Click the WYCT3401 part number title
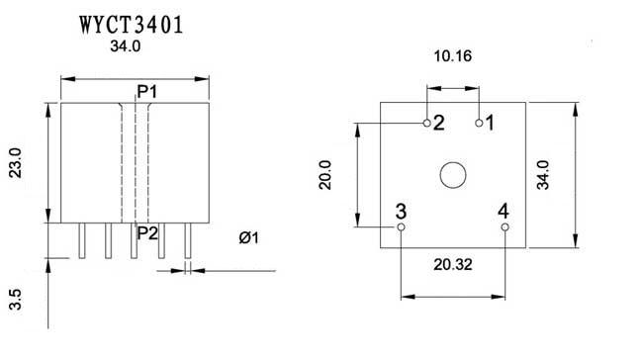[x=132, y=25]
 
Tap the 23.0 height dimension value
[x=16, y=163]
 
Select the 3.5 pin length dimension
[x=16, y=300]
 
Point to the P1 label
[x=147, y=92]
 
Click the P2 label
[x=147, y=233]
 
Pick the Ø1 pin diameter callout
[x=249, y=237]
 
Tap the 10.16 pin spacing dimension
[x=453, y=56]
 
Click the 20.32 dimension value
[x=453, y=265]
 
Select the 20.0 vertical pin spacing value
[x=325, y=175]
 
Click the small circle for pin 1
[x=479, y=123]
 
